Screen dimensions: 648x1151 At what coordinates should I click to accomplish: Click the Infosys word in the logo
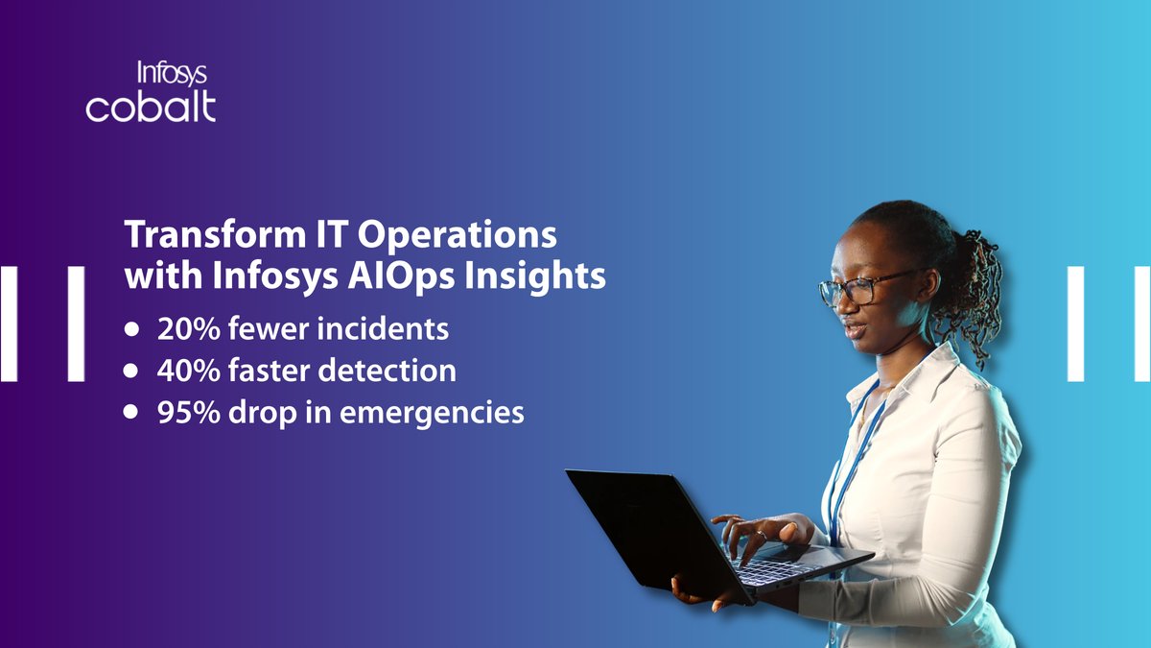click(173, 75)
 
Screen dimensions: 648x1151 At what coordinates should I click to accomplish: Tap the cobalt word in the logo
click(151, 107)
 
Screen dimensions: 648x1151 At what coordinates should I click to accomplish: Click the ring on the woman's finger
click(761, 534)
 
